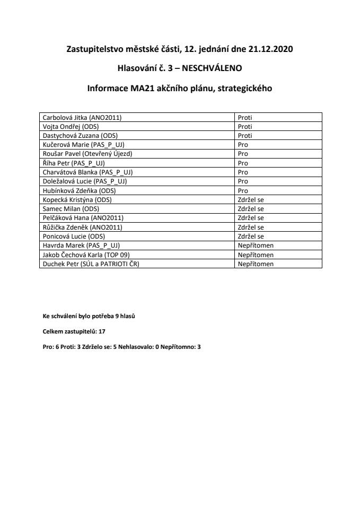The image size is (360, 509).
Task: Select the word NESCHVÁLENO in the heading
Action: point(212,69)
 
